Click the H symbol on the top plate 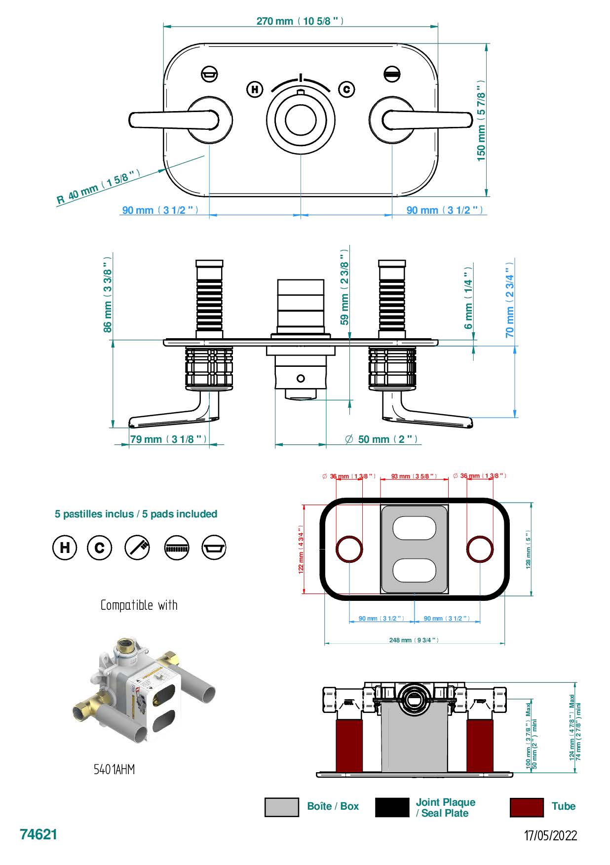coord(255,89)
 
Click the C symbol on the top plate coord(347,89)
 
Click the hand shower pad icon coord(137,548)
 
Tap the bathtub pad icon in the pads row coord(214,548)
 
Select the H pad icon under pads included coord(65,548)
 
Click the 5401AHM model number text coord(114,770)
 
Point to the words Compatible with coord(139,605)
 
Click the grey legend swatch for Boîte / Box coord(282,807)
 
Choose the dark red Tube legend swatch coord(527,807)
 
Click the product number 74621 coord(38,834)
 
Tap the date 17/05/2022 coord(550,835)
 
